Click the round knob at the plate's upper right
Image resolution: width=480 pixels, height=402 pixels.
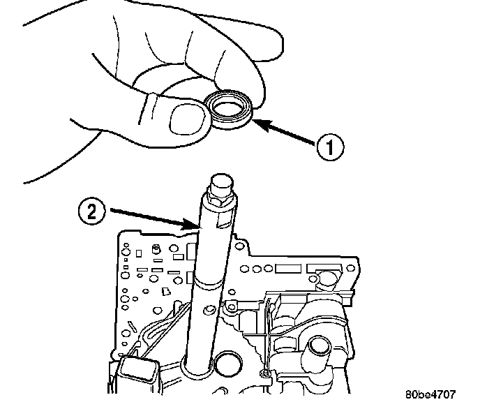[325, 280]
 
